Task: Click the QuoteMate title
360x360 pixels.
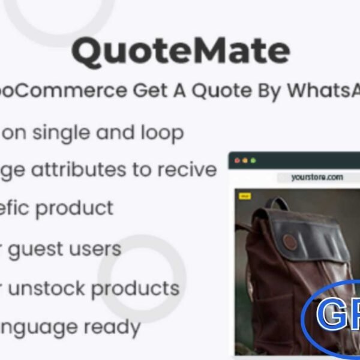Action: pos(180,52)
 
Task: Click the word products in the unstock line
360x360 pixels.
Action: pos(136,289)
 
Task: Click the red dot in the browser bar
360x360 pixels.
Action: pos(236,161)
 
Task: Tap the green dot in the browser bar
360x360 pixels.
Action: pos(253,161)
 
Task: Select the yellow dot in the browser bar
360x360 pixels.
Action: pos(245,161)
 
